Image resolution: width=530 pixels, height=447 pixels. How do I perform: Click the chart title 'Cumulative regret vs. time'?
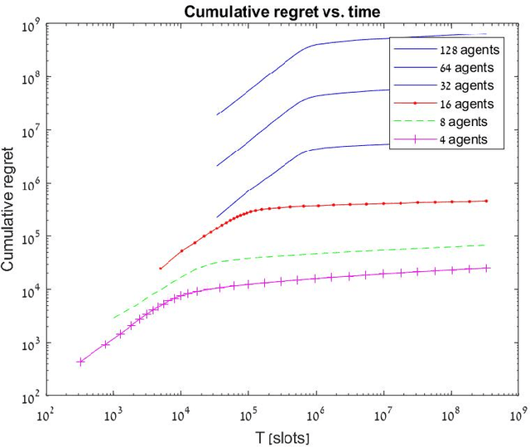tap(266, 11)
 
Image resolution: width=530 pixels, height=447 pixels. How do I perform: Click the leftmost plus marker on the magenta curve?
tap(80, 362)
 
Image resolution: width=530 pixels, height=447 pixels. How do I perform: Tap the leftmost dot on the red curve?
tap(161, 268)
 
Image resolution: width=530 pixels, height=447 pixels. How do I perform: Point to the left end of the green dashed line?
tap(114, 318)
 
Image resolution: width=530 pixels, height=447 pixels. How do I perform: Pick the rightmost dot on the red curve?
tap(486, 201)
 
